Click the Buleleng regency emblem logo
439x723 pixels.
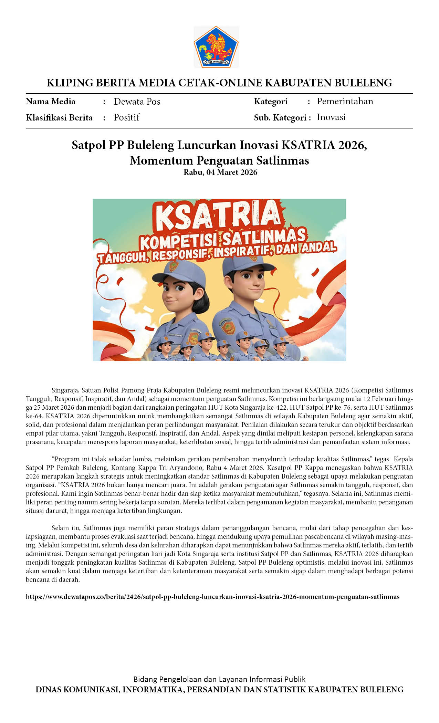[216, 46]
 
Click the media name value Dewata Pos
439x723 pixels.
[137, 102]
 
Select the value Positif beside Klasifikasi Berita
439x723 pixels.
[126, 117]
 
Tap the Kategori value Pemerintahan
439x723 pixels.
[345, 101]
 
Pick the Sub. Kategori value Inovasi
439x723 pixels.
[331, 117]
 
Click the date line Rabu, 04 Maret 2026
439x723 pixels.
[220, 172]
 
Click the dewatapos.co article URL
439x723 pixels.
[212, 597]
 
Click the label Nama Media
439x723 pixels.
[51, 102]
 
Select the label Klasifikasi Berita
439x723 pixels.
[59, 118]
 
